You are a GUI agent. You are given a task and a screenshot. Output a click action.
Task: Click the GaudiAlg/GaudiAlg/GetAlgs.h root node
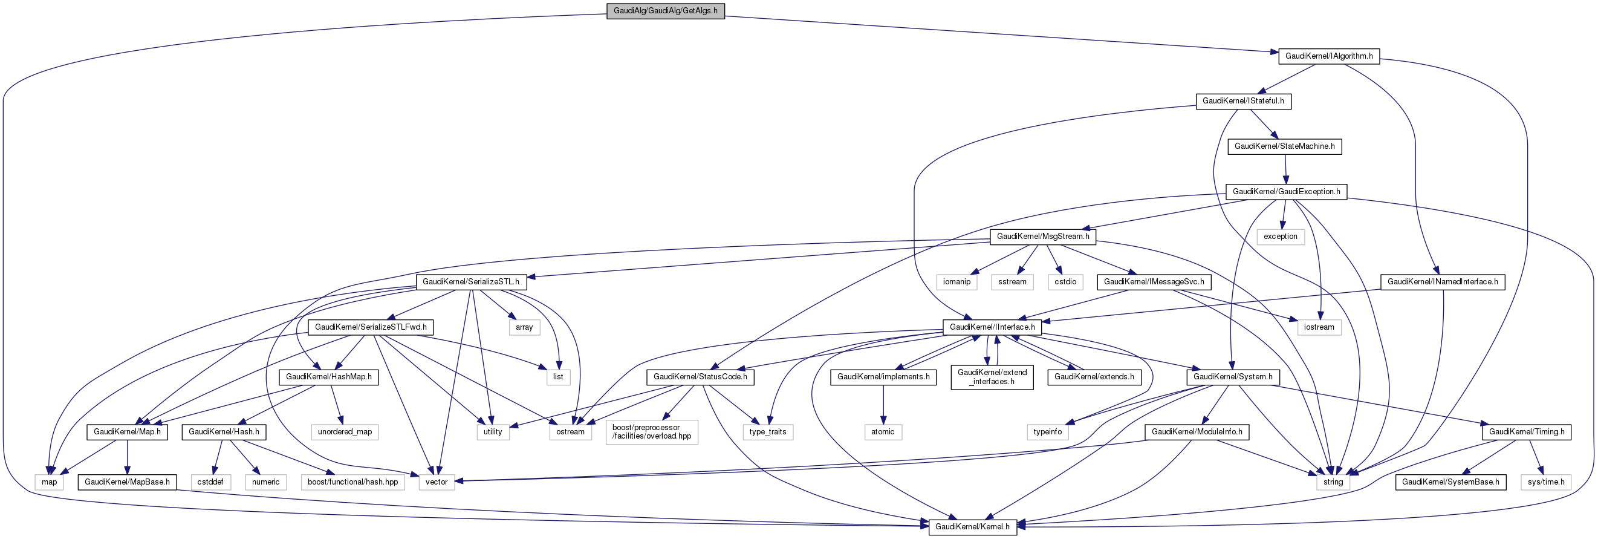point(665,11)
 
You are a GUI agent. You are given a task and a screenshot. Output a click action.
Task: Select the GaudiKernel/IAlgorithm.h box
point(1329,56)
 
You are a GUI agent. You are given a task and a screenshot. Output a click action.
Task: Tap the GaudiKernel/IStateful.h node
point(1243,100)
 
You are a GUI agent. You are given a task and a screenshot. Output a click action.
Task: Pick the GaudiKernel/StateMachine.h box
point(1284,146)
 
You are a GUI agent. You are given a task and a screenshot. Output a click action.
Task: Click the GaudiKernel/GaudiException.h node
point(1286,191)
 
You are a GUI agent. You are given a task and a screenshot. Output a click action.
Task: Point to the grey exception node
point(1281,237)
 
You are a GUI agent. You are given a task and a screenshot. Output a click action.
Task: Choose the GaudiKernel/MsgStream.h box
point(1043,237)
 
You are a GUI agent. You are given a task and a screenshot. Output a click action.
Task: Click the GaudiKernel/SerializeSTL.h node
point(471,282)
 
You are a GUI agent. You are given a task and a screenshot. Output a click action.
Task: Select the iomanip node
point(957,282)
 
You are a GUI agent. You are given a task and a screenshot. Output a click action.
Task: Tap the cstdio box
point(1065,282)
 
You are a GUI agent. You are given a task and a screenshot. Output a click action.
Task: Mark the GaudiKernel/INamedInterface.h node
point(1442,282)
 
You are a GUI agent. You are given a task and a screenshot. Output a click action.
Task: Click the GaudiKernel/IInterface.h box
point(992,327)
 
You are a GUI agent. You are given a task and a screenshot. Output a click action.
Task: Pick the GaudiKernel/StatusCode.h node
point(700,377)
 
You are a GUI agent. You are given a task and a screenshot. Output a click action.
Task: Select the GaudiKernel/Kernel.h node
point(972,526)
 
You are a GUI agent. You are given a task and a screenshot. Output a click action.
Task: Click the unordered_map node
point(345,431)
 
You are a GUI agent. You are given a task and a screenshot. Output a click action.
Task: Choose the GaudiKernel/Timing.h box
point(1526,431)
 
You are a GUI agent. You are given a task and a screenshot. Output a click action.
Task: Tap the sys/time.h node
point(1546,482)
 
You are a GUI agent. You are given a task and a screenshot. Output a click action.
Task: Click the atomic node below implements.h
point(883,431)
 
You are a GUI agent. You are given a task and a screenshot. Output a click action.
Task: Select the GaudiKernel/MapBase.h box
point(127,482)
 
